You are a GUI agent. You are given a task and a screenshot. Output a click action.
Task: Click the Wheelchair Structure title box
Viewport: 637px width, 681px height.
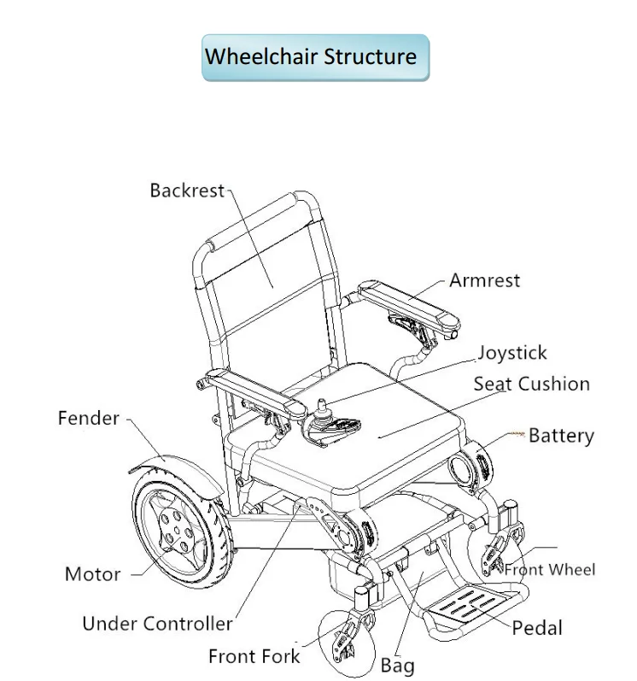(315, 58)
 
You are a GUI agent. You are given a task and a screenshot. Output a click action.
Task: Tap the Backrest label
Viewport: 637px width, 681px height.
(187, 191)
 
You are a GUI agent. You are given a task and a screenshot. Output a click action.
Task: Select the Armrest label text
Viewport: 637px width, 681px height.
(484, 280)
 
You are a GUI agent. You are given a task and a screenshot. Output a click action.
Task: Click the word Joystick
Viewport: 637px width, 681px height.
(512, 354)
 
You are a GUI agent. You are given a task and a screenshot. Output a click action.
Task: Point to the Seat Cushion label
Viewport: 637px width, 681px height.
(532, 385)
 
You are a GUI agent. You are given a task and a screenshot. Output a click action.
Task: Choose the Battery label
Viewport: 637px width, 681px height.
(561, 436)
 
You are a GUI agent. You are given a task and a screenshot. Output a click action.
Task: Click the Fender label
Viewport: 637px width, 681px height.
(89, 418)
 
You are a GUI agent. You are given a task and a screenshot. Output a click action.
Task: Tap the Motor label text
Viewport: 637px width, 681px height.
(92, 574)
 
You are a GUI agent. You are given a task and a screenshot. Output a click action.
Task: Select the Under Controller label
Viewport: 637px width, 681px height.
(157, 624)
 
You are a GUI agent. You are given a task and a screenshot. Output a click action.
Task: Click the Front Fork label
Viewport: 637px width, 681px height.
(254, 656)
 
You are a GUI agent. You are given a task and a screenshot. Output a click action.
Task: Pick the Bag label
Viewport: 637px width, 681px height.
(397, 666)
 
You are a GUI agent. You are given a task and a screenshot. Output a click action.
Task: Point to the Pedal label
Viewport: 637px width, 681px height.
(537, 628)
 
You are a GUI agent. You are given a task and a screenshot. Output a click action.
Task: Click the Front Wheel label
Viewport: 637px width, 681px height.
(550, 570)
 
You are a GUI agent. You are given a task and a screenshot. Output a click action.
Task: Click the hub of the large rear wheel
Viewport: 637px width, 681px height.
(177, 530)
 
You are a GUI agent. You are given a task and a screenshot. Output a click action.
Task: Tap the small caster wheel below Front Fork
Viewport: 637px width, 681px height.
(346, 643)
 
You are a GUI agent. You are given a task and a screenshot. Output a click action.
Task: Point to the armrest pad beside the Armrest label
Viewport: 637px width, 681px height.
(409, 304)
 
